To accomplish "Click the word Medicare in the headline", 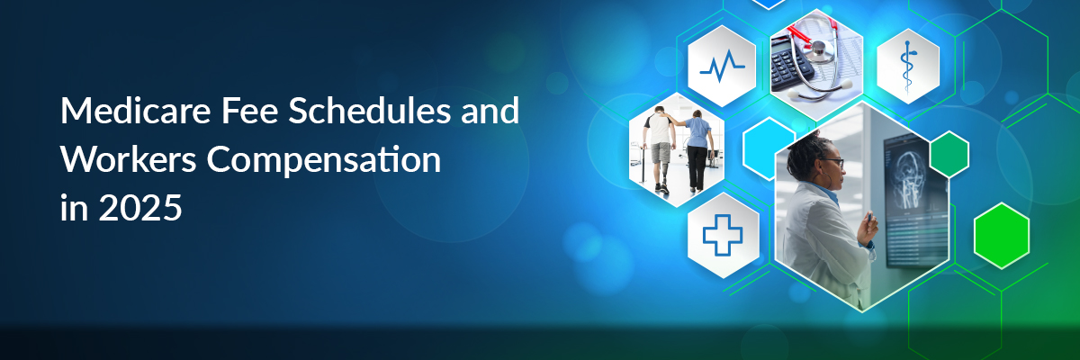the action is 136,111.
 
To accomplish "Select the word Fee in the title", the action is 250,111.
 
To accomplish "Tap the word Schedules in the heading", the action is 369,111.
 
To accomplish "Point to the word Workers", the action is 128,159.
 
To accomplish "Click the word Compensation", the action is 324,161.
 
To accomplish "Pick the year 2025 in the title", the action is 140,208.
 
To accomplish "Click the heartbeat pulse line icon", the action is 722,66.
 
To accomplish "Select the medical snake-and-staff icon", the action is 907,67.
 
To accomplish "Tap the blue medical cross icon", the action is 722,235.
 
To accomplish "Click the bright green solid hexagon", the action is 1002,235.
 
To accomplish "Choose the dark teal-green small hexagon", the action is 949,154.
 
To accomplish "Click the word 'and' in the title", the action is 490,111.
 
